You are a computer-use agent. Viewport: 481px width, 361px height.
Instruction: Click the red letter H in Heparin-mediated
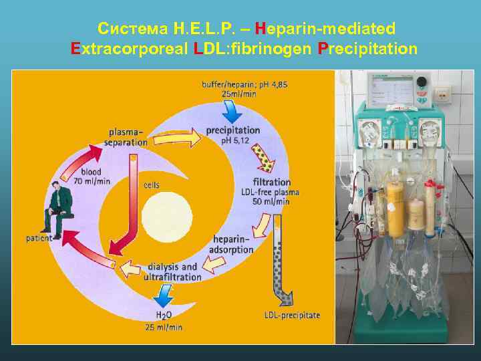pos(260,29)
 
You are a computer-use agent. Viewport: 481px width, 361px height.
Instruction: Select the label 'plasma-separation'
pos(128,136)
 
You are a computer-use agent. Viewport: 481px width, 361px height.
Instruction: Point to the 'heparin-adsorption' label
pos(232,245)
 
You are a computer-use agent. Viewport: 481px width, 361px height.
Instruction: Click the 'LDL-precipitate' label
pos(292,315)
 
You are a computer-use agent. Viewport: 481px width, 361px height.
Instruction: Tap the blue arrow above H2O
pos(162,293)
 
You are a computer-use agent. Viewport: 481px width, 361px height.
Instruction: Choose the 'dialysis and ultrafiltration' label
pos(172,271)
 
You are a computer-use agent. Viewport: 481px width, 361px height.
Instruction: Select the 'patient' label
pos(39,238)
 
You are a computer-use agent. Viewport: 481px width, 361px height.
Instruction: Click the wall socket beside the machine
pos(442,93)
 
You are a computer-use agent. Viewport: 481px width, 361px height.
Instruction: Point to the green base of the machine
pos(401,331)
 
